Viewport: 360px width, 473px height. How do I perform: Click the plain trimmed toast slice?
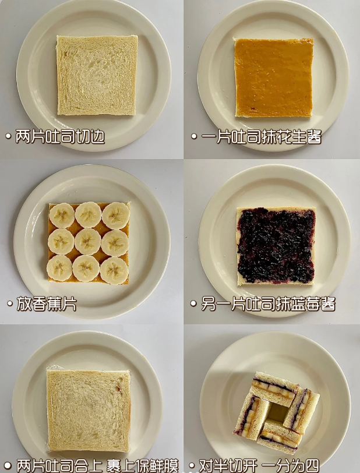pos(97,75)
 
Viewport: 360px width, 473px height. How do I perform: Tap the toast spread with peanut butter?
pos(274,77)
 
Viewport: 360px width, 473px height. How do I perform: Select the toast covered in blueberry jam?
pos(276,246)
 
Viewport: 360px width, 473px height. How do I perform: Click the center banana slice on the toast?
pos(87,242)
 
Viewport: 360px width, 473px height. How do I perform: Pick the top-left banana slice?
pos(62,216)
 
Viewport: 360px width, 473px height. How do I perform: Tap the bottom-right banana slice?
pos(114,271)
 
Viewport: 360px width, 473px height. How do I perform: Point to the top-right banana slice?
pos(116,216)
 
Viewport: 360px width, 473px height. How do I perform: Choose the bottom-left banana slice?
pos(59,268)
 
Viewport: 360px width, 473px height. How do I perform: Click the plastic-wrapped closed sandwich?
pos(89,410)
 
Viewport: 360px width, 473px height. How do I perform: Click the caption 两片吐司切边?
pos(60,137)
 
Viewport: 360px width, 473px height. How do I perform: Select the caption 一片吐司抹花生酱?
pos(262,137)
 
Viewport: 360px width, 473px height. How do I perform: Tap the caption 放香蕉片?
pos(47,303)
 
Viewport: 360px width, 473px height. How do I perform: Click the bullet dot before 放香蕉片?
pos(10,303)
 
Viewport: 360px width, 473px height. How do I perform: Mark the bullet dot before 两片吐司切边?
pos(9,136)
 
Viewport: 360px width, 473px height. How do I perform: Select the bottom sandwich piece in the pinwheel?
pos(279,436)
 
